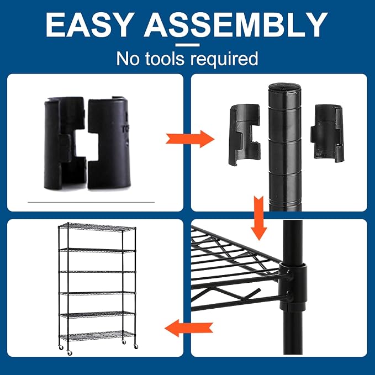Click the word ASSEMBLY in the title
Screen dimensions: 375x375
[x=236, y=25]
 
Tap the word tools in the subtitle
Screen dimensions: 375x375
[x=165, y=59]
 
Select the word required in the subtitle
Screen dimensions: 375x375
[x=224, y=59]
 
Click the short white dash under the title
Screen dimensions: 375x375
[x=187, y=45]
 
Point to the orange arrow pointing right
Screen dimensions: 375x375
[x=190, y=139]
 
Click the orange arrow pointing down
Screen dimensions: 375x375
[x=259, y=218]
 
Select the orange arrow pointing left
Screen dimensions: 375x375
[x=189, y=328]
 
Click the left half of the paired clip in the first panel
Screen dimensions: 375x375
[x=65, y=144]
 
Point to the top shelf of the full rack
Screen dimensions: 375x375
[x=97, y=226]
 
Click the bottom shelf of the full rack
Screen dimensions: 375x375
[x=98, y=335]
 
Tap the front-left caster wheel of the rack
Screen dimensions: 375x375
[x=70, y=352]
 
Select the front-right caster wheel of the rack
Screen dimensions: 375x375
[x=136, y=346]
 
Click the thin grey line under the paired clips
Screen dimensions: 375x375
[x=91, y=202]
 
